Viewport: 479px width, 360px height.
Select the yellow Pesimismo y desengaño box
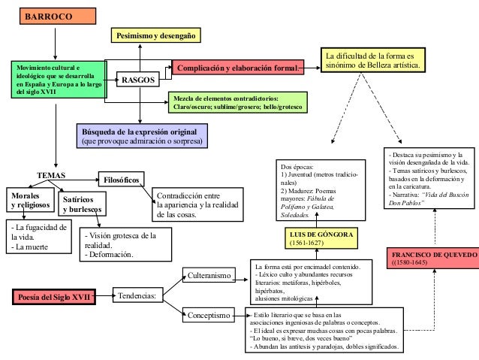(x=158, y=36)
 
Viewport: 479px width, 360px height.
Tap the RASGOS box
(x=138, y=79)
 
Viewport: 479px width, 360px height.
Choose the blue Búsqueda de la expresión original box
(x=143, y=135)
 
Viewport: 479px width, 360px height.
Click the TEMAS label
(x=52, y=174)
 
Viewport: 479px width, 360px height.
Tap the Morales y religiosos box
(x=30, y=200)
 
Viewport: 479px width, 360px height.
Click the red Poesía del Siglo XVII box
(x=54, y=297)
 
